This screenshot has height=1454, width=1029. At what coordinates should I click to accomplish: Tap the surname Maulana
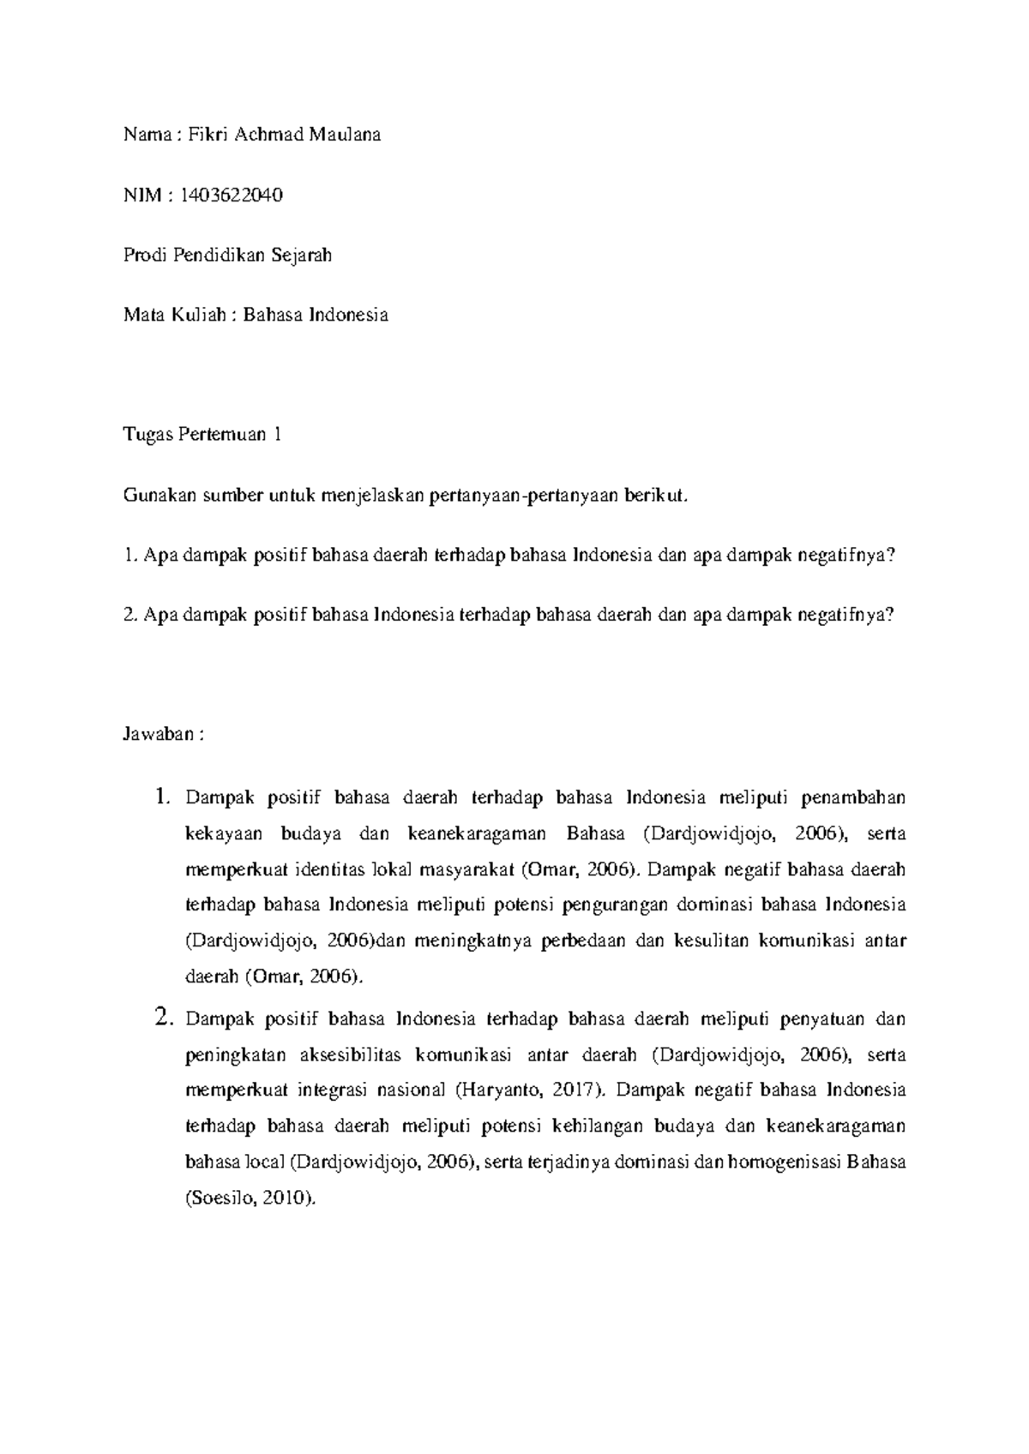coord(347,135)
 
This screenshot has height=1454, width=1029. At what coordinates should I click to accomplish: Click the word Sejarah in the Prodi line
coord(302,255)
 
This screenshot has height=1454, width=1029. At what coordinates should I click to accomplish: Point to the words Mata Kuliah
coord(174,315)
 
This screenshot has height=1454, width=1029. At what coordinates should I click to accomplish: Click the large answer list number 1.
coord(164,797)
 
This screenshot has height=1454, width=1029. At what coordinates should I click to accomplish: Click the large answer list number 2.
coord(164,1018)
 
